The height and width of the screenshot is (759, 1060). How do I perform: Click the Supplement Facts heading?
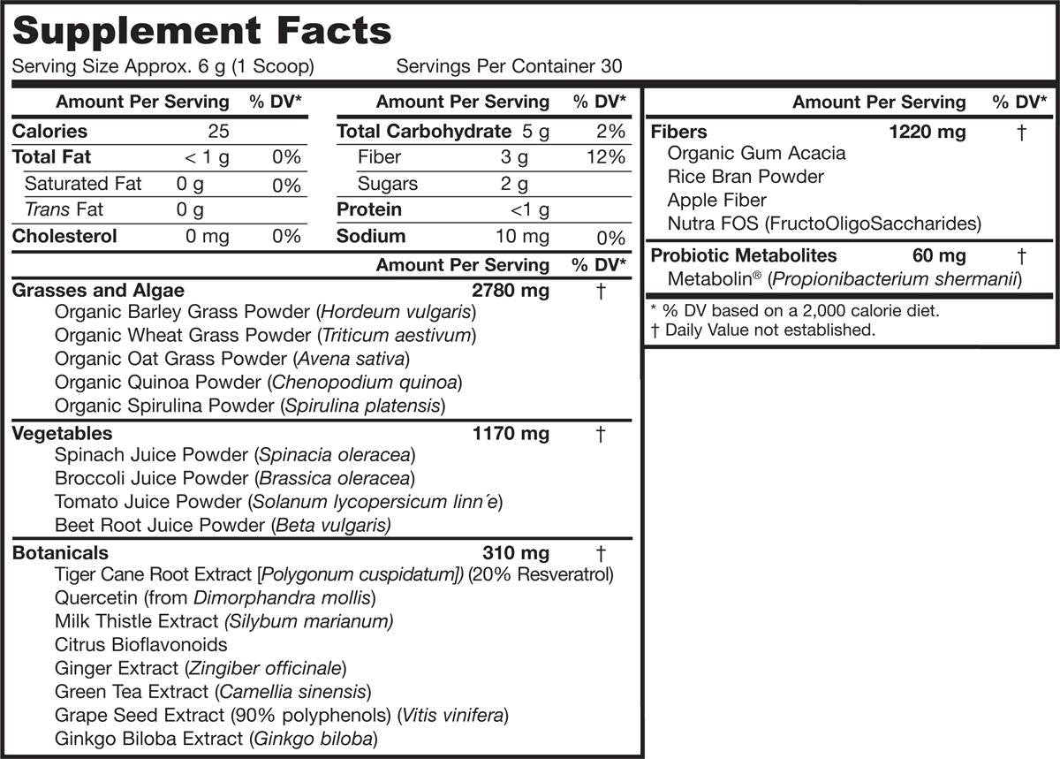[x=201, y=31]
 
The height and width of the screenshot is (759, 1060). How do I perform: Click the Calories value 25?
[x=218, y=132]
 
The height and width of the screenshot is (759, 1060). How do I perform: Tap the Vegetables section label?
[x=63, y=433]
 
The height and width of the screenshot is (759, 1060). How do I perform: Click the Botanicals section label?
[x=60, y=553]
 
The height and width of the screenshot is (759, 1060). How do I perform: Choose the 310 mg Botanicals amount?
[x=516, y=553]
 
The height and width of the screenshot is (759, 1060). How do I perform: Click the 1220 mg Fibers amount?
[x=927, y=133]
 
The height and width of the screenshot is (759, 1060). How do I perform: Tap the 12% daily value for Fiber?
[x=607, y=158]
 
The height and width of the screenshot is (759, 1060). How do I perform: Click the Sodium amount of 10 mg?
[x=522, y=237]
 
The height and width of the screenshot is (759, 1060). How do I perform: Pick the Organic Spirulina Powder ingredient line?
[x=249, y=406]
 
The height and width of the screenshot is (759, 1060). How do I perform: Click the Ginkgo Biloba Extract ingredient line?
[x=216, y=739]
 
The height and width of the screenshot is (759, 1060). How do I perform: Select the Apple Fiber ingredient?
[x=716, y=201]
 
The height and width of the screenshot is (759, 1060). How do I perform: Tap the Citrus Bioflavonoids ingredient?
[x=140, y=644]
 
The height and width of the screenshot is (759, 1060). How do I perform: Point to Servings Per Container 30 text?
[x=509, y=66]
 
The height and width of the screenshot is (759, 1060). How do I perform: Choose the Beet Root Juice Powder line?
[x=223, y=525]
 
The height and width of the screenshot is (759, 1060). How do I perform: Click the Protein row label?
[x=369, y=210]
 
